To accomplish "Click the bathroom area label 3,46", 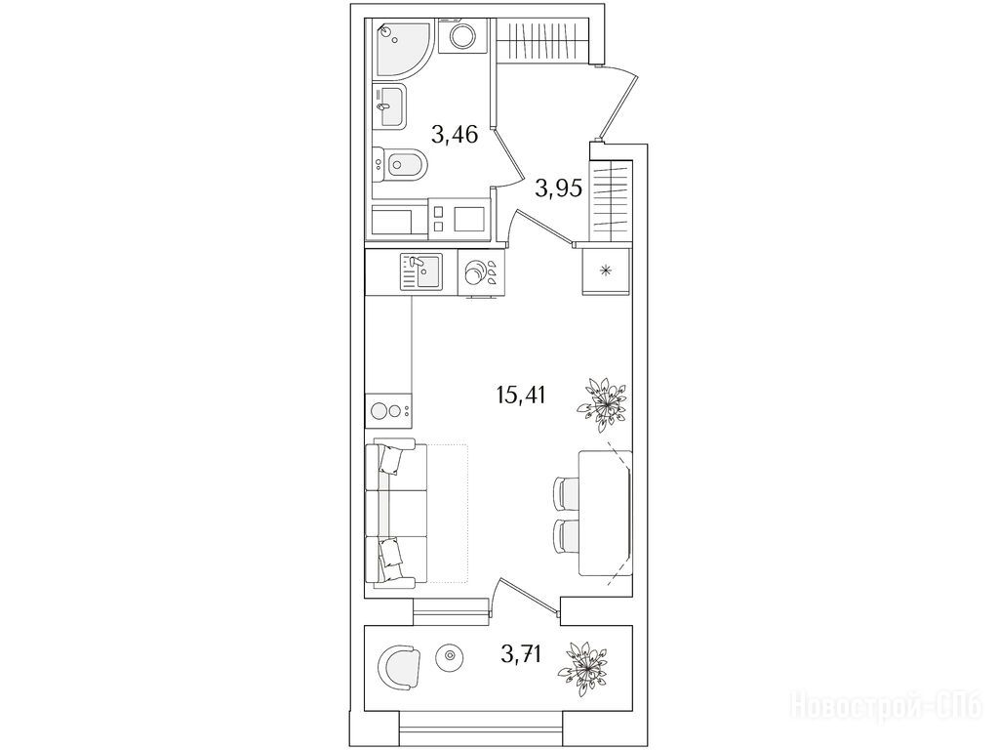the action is coord(454,135).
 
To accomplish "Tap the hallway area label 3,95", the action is coord(558,188).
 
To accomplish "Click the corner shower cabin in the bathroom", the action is coord(402,49).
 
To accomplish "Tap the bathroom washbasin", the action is coord(388,106).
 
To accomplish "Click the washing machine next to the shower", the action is coord(462,37).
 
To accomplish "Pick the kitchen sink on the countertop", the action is coord(420,271).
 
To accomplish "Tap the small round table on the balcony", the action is coord(450,656).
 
